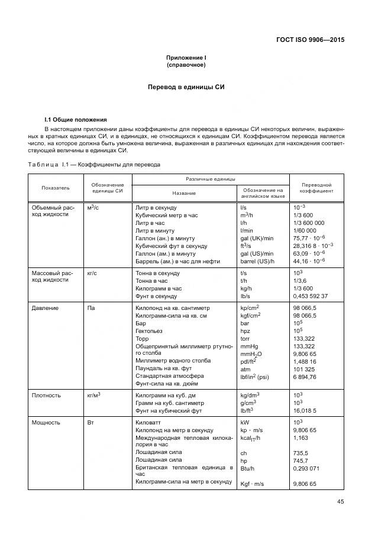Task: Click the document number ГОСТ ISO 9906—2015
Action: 310,40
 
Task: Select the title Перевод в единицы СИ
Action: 186,87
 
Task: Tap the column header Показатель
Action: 56,187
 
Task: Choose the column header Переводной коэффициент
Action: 316,187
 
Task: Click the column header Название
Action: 185,193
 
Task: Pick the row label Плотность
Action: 46,395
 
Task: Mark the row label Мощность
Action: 46,423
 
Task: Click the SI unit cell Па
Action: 91,308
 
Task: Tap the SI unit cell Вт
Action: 91,423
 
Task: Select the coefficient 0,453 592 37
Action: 311,296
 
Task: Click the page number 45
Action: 341,502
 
